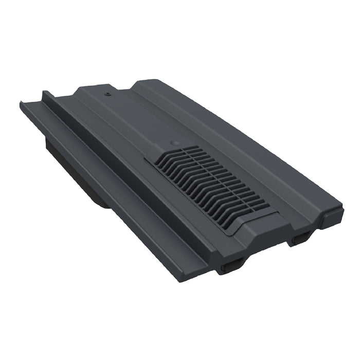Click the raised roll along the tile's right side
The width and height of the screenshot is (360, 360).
pyautogui.click(x=257, y=139)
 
